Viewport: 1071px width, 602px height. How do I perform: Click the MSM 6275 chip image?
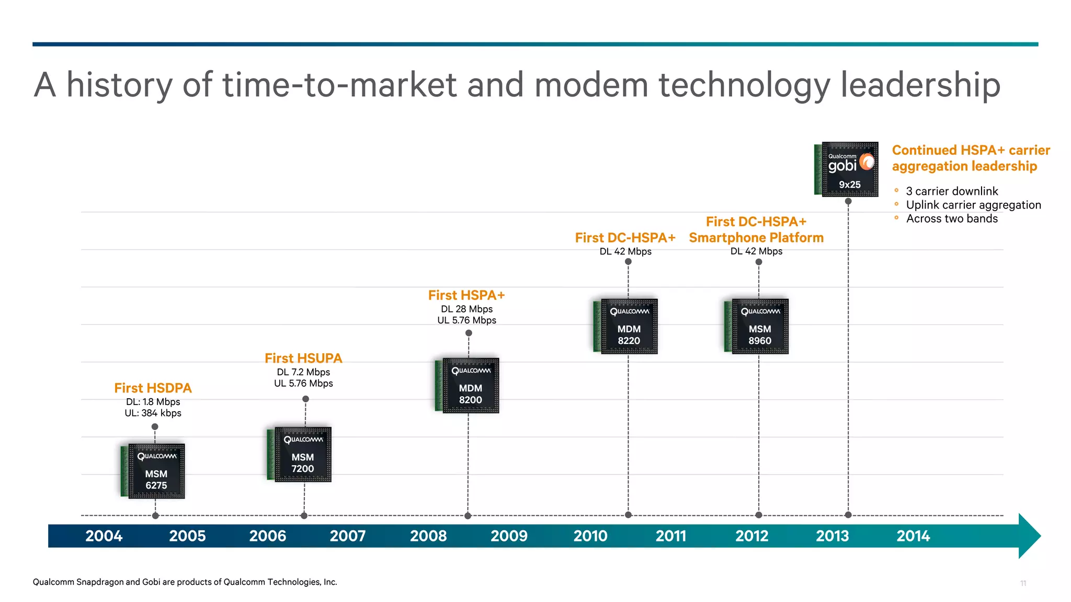[x=154, y=471]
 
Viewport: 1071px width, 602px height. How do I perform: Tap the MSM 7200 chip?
[x=300, y=454]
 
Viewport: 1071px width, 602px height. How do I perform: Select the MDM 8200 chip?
[x=468, y=385]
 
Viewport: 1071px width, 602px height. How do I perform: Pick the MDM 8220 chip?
[x=626, y=326]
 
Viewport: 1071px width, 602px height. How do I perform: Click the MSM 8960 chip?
[x=757, y=326]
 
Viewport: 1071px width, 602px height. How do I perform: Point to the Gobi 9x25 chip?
[x=847, y=169]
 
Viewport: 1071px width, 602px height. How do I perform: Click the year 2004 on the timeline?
[x=104, y=536]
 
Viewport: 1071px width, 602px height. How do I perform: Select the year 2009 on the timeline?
[x=509, y=536]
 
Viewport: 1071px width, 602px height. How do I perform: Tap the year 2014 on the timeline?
[x=913, y=536]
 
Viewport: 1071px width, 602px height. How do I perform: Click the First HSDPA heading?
[x=153, y=388]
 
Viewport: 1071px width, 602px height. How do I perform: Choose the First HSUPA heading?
[x=303, y=358]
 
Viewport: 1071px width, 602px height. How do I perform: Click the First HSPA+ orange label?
[x=466, y=295]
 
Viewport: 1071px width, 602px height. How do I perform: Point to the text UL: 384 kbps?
[x=153, y=413]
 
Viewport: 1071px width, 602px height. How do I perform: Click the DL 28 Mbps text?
[x=466, y=309]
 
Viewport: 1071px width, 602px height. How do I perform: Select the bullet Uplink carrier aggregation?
[x=973, y=205]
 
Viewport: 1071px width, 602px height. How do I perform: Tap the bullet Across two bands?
[x=952, y=219]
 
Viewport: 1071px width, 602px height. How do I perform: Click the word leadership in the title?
[x=920, y=85]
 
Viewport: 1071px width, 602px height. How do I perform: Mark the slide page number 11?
[x=1023, y=583]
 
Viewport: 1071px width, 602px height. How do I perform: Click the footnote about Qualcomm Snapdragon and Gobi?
[x=185, y=582]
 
